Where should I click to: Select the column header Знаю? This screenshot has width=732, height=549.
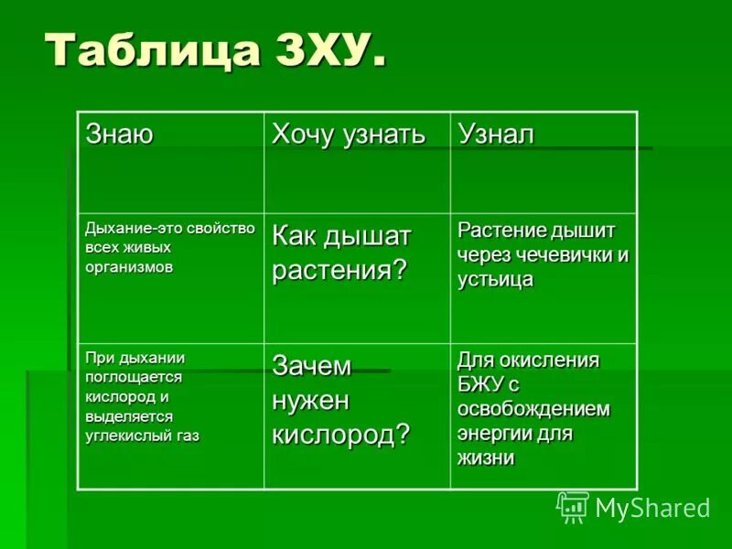(x=119, y=134)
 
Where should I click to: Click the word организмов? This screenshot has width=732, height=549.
(x=129, y=266)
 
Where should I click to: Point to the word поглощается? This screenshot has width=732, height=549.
(x=134, y=376)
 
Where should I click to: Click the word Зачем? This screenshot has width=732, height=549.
(x=311, y=366)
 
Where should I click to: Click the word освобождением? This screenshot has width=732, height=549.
(x=533, y=408)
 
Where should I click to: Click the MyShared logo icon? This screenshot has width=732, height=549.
(x=573, y=506)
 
